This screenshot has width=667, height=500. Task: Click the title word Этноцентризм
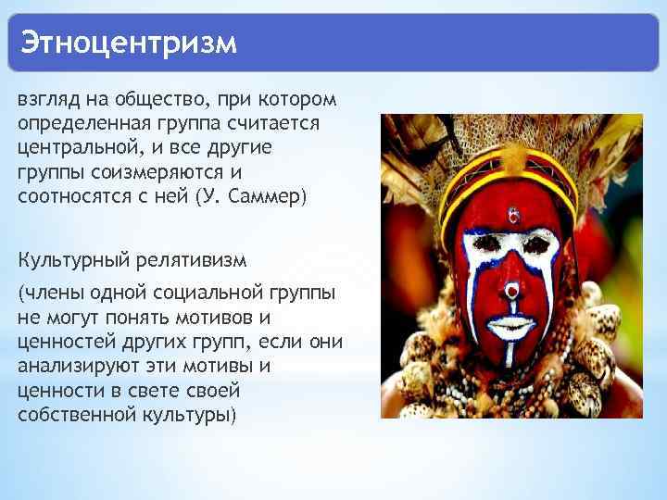129,43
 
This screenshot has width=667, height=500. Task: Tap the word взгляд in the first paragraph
46,100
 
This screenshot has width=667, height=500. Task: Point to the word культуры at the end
192,415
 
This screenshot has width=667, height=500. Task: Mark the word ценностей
62,343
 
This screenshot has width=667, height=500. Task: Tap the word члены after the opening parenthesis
52,294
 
